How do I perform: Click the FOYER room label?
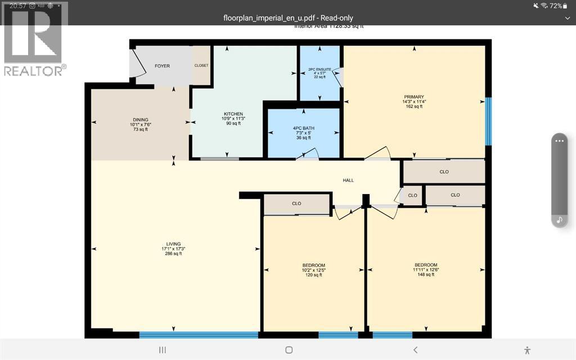[x=162, y=66]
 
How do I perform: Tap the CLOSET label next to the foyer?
[x=201, y=65]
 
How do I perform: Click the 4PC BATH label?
[x=304, y=128]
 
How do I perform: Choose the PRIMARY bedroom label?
[x=413, y=97]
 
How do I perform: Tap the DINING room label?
[x=141, y=120]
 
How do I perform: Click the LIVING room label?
[x=173, y=244]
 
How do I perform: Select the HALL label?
[x=349, y=180]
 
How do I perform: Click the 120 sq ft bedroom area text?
[x=313, y=275]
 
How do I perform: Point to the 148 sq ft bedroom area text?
[x=426, y=274]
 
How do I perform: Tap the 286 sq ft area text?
[x=173, y=254]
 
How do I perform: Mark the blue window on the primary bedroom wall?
[x=488, y=121]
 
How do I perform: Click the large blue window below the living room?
[x=199, y=335]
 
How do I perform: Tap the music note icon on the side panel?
[x=559, y=220]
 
